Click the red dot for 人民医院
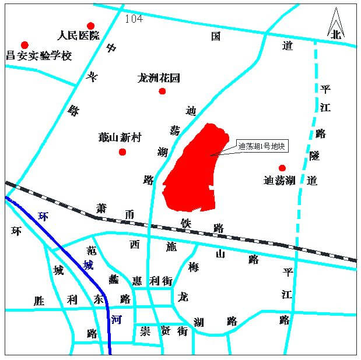(x=90, y=26)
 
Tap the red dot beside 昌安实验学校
(x=24, y=45)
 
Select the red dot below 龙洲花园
(x=162, y=91)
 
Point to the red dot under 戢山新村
(x=122, y=152)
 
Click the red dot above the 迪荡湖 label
(x=282, y=168)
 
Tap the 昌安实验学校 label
(x=38, y=57)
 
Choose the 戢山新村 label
(x=120, y=138)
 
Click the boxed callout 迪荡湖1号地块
(x=262, y=146)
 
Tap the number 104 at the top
(x=134, y=19)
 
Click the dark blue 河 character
(x=116, y=319)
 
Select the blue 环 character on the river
(x=43, y=216)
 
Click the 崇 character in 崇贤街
(x=145, y=331)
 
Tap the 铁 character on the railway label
(x=186, y=223)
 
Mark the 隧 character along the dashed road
(x=314, y=156)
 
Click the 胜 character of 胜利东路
(x=39, y=301)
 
